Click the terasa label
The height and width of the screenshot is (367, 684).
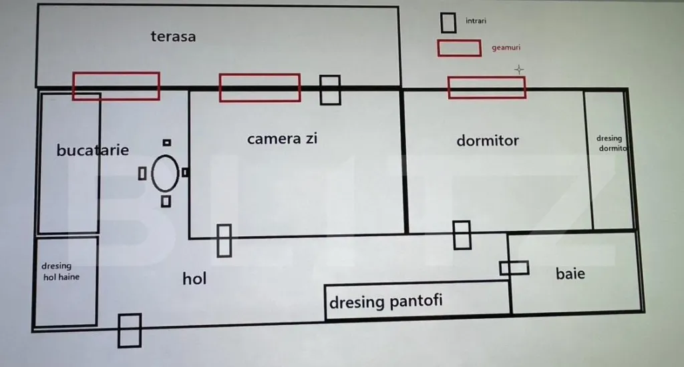coord(173,36)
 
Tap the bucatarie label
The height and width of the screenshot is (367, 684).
coord(92,150)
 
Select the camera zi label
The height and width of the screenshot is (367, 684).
coord(282,139)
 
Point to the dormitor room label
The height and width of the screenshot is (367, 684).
coord(488,141)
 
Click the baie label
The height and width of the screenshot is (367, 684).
coord(570,273)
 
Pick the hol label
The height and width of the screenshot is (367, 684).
coord(194,278)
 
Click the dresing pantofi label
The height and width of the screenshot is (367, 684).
coord(385,302)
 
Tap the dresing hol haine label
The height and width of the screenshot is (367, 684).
coord(60,271)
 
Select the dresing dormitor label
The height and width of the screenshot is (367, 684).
coord(612,144)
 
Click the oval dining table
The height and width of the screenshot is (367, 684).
coord(165,173)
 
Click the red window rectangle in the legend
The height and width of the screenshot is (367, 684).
coord(459,48)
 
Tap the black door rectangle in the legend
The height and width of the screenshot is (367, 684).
coord(448,23)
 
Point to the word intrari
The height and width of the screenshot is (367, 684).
coord(476,21)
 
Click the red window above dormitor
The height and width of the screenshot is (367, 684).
coord(486,87)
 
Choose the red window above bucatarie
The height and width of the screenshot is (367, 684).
coord(116,86)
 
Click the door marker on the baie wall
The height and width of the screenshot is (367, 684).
coord(514,268)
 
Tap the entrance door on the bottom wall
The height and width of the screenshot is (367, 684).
coord(129,330)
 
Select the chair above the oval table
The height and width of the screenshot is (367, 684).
coord(166,142)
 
